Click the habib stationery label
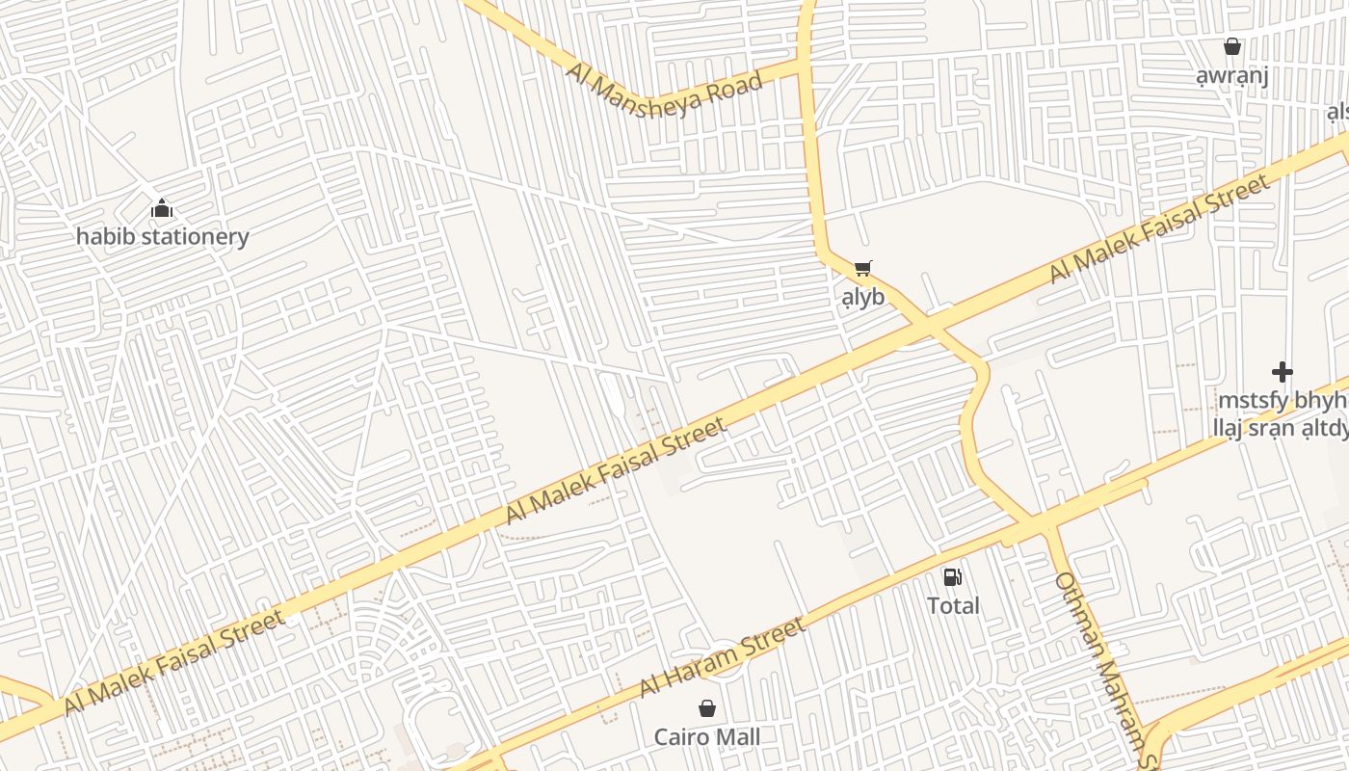coord(162,237)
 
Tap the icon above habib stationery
coord(162,208)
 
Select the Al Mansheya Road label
coord(664,88)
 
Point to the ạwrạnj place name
coord(1231,76)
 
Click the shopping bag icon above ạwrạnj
coord(1231,46)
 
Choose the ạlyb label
coord(862,297)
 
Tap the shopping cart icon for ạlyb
coord(862,269)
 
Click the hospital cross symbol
coord(1282,372)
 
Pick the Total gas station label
coord(953,606)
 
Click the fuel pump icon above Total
coord(952,577)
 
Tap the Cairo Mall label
coord(707,738)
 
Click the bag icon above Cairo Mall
coord(707,709)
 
